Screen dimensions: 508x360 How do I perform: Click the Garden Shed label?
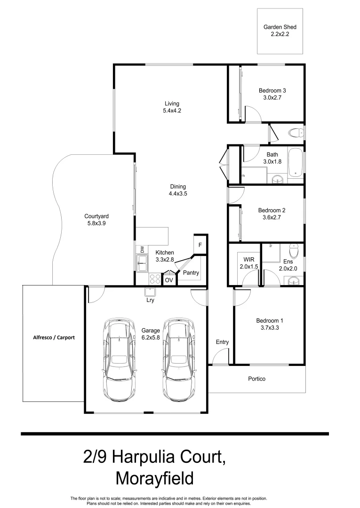click(x=280, y=27)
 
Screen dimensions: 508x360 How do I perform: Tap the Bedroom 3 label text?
click(x=272, y=91)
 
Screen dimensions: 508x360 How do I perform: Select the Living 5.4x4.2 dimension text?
click(x=171, y=111)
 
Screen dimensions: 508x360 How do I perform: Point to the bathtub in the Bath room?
click(x=295, y=163)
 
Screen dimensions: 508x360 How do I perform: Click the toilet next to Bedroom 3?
click(x=296, y=132)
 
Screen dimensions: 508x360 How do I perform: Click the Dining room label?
click(x=177, y=186)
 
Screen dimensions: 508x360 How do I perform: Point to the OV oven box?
click(x=168, y=280)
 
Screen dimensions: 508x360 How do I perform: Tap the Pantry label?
click(x=191, y=273)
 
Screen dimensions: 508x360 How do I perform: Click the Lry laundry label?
click(x=151, y=300)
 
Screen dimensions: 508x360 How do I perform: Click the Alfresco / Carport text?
click(x=54, y=337)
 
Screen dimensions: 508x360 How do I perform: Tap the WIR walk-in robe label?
click(x=248, y=260)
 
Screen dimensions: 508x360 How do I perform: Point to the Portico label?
click(x=257, y=379)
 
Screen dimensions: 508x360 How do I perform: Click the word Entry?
click(x=222, y=342)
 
